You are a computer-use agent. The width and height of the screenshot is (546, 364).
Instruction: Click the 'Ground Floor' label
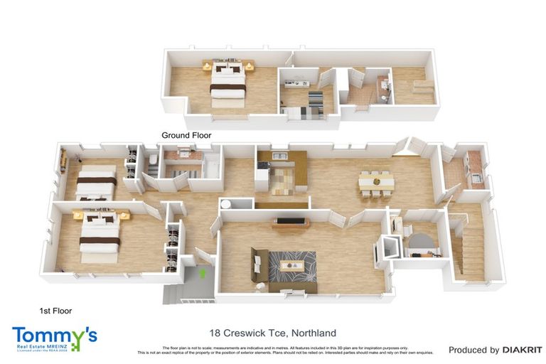click(x=186, y=135)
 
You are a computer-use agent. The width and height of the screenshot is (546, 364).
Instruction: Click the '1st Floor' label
click(x=55, y=311)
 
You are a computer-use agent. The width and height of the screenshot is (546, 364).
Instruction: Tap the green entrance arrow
click(x=203, y=272)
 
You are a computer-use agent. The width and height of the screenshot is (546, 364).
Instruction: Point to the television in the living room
click(x=290, y=221)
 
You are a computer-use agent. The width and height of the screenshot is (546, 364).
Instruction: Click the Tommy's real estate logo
click(x=55, y=337)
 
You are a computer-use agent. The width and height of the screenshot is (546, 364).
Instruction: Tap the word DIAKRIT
click(x=523, y=350)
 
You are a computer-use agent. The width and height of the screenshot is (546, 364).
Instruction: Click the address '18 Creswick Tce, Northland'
click(x=273, y=333)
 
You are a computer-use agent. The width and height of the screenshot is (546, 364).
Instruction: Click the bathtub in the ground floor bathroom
click(x=212, y=168)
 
